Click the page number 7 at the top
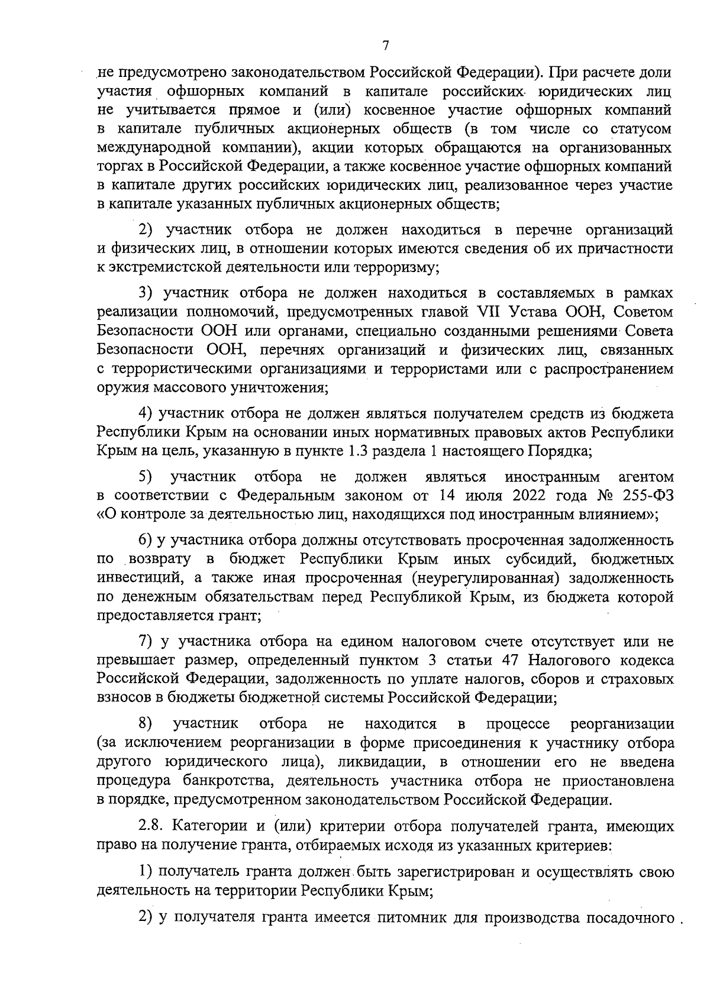[x=385, y=46]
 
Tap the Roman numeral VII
[x=488, y=311]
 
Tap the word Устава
[x=530, y=311]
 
